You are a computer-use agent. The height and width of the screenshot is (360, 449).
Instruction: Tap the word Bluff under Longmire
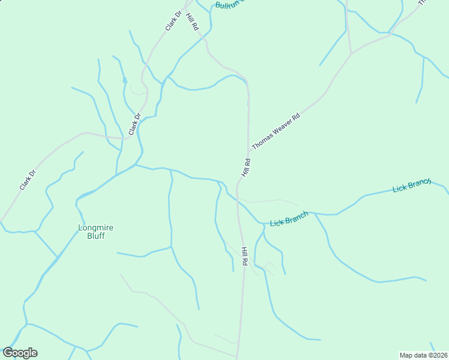click(95, 236)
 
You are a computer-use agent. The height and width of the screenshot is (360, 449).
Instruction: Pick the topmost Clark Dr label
click(173, 21)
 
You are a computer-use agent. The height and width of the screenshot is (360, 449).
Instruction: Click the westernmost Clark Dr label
click(28, 180)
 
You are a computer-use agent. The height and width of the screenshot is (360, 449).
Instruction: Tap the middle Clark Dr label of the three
click(134, 124)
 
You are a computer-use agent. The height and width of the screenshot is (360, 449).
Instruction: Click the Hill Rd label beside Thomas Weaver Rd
click(246, 167)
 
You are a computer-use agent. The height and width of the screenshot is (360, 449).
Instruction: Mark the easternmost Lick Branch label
click(412, 185)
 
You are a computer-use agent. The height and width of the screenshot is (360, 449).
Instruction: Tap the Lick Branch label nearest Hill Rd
click(289, 219)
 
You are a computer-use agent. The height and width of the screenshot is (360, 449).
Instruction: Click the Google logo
click(20, 352)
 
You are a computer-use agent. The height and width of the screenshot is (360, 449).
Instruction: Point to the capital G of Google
click(8, 352)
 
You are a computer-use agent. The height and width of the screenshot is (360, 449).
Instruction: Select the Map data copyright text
click(423, 355)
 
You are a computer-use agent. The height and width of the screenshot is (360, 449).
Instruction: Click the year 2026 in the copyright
click(438, 355)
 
